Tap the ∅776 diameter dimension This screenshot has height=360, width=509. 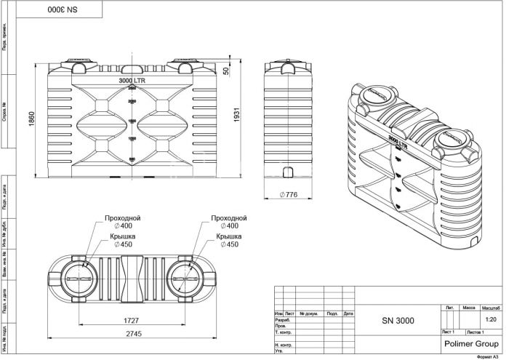point(290,195)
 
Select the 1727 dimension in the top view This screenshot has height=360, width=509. point(131,321)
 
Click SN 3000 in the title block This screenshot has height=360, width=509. point(398,320)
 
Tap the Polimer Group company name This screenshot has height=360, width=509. point(469,341)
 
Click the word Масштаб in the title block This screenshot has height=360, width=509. point(490,309)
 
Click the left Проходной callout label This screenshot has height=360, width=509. point(122,218)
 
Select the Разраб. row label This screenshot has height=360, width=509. point(284,320)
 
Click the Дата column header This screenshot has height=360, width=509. point(348,313)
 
